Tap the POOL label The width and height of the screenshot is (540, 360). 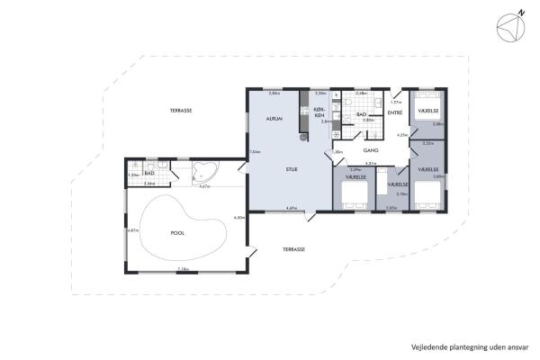179,231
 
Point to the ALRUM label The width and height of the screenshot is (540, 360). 275,120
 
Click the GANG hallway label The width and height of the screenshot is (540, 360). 370,149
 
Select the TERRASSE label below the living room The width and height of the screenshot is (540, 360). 293,249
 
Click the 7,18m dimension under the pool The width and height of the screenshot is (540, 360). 183,269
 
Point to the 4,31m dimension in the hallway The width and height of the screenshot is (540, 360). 370,164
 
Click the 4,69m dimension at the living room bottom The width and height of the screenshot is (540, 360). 292,209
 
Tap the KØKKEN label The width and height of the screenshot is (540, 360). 319,112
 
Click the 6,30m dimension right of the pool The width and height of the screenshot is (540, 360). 238,218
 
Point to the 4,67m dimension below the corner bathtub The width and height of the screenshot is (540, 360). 204,186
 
